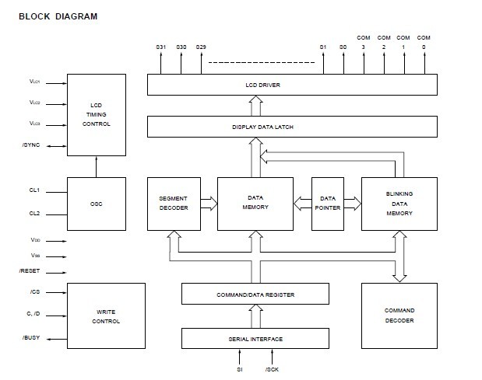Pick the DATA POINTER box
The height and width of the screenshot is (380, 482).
click(x=327, y=204)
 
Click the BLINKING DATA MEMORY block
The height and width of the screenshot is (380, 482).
click(x=399, y=204)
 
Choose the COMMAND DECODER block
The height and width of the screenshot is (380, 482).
click(x=399, y=315)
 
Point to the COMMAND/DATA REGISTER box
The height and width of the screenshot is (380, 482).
click(x=255, y=295)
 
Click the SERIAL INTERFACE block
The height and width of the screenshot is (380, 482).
click(x=255, y=339)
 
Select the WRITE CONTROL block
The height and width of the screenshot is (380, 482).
click(x=106, y=315)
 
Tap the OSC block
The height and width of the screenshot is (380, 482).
click(x=97, y=204)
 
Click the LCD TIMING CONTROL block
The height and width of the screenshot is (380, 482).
click(x=97, y=113)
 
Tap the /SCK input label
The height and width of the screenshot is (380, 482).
click(x=272, y=369)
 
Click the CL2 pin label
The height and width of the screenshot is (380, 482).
click(x=34, y=214)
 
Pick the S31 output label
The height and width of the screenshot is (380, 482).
click(x=161, y=48)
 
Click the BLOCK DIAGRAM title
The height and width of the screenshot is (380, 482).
click(x=58, y=16)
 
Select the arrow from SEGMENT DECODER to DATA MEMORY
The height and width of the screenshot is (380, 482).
click(x=209, y=204)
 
